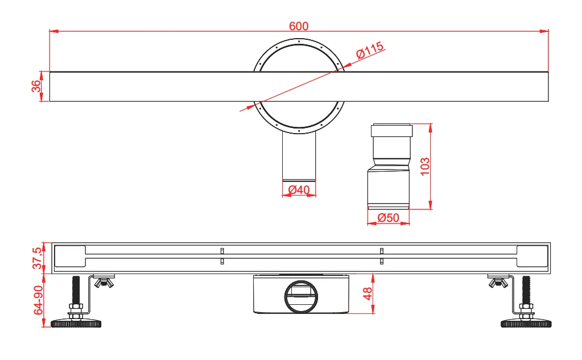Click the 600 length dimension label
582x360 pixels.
[299, 26]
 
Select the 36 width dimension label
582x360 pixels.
[36, 86]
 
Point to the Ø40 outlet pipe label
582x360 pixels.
[299, 189]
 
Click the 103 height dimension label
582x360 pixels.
[424, 166]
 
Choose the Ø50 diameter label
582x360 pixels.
[388, 217]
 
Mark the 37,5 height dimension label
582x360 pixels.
[37, 258]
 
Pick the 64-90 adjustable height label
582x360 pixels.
[38, 300]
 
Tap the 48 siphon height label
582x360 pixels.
[367, 293]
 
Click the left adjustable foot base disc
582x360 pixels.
[76, 323]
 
